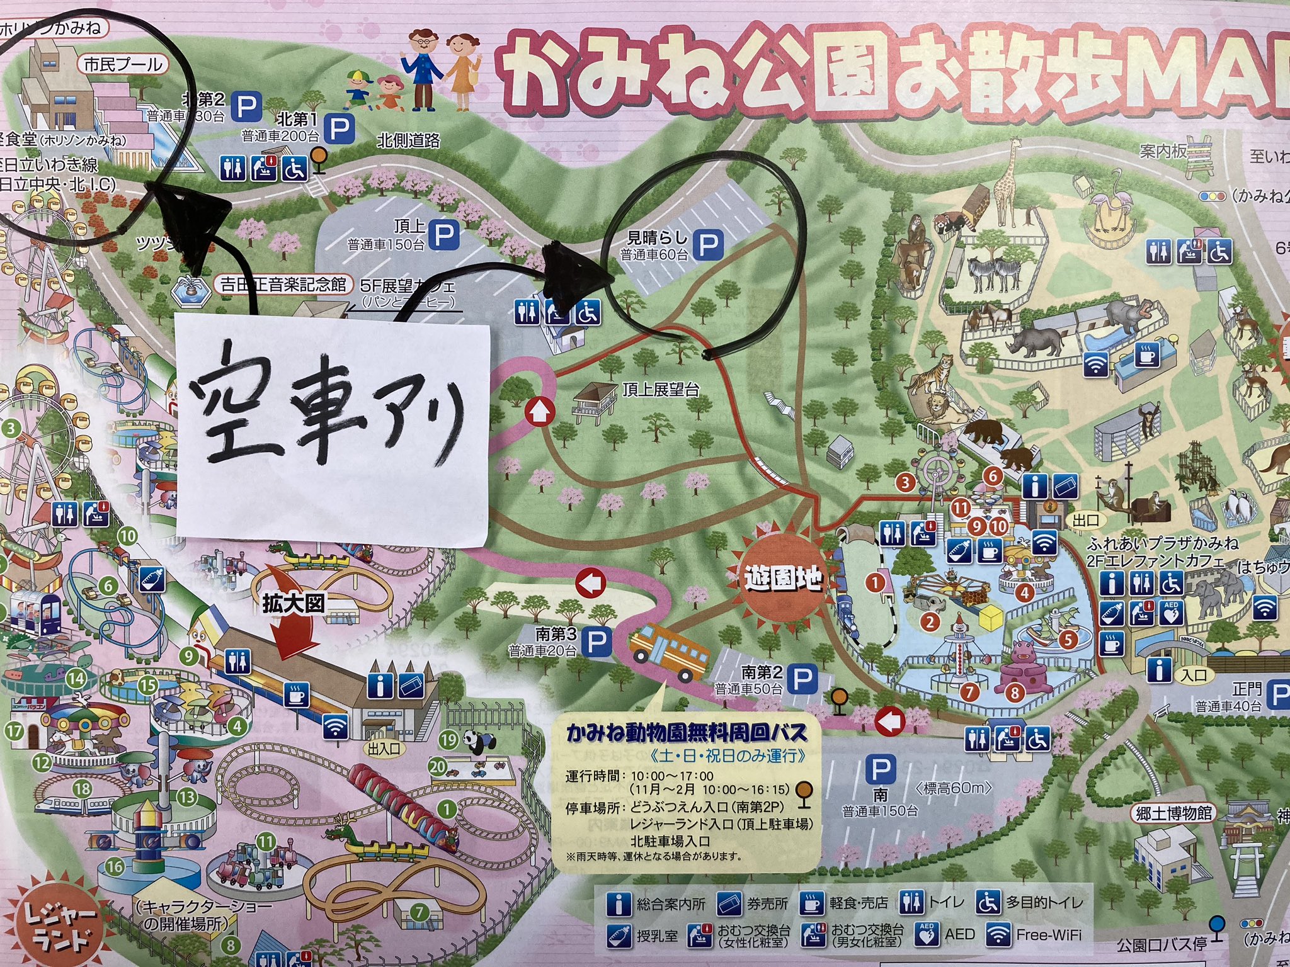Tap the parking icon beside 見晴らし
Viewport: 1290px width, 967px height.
tap(708, 244)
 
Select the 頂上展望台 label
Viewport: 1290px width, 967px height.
tap(661, 390)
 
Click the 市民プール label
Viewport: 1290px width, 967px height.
tap(123, 64)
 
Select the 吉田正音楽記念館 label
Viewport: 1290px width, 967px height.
tap(283, 285)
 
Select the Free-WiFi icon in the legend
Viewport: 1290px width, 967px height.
tap(998, 935)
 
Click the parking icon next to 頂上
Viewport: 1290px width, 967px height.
tap(444, 234)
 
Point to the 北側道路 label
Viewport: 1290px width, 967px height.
tap(409, 140)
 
